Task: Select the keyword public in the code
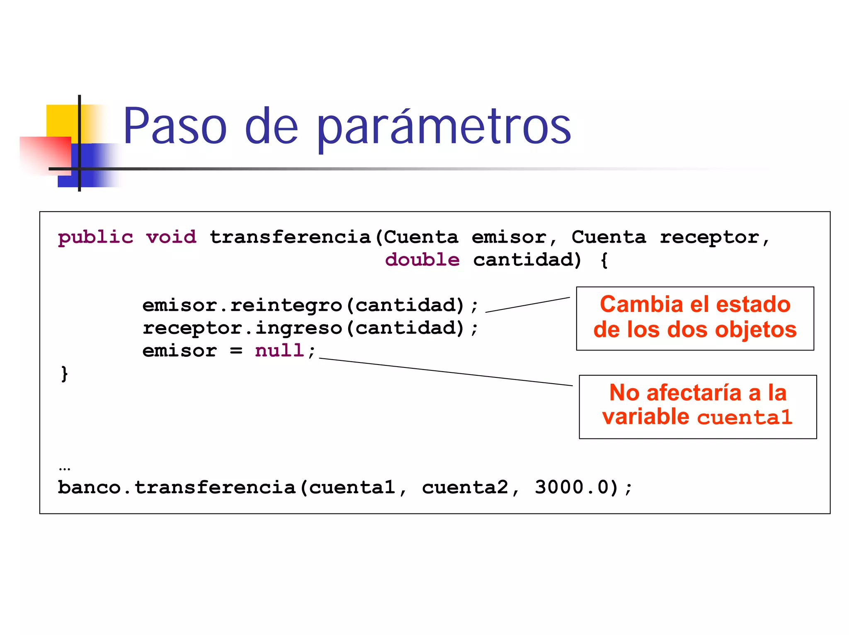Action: pos(95,237)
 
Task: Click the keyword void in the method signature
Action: pos(171,237)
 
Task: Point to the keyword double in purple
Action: pos(422,260)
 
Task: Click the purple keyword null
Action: pos(279,350)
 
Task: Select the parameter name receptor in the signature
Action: pos(710,237)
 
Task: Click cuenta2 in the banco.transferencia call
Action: pos(465,487)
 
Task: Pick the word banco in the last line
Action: pos(89,487)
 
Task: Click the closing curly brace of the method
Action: pos(64,374)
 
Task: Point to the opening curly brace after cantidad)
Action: pos(604,260)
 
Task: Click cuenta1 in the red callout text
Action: pos(745,417)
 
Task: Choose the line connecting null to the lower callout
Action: pos(446,372)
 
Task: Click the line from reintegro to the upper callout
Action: pos(527,304)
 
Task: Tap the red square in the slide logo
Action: pos(46,153)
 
